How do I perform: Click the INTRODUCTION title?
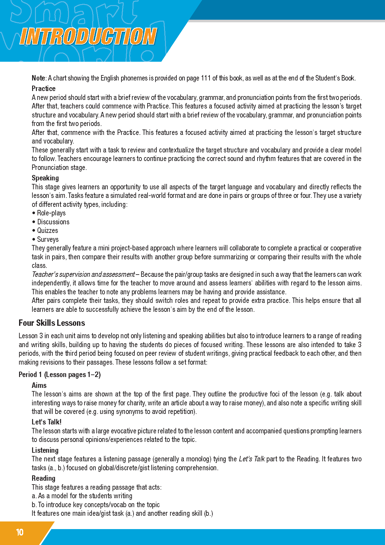[x=88, y=36]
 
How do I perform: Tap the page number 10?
[x=20, y=532]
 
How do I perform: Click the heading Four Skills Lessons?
[x=52, y=323]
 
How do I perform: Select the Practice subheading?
[x=44, y=88]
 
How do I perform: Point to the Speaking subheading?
[x=45, y=178]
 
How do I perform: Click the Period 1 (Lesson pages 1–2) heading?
[x=60, y=374]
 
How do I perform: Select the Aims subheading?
[x=39, y=385]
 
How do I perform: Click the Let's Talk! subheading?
[x=46, y=422]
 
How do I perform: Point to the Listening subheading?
[x=45, y=450]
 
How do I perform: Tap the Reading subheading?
[x=44, y=478]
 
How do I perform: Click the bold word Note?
[x=38, y=78]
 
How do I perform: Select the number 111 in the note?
[x=206, y=78]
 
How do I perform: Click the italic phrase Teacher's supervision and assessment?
[x=83, y=274]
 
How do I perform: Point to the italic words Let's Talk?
[x=251, y=459]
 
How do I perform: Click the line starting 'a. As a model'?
[x=82, y=496]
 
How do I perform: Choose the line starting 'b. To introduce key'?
[x=96, y=505]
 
